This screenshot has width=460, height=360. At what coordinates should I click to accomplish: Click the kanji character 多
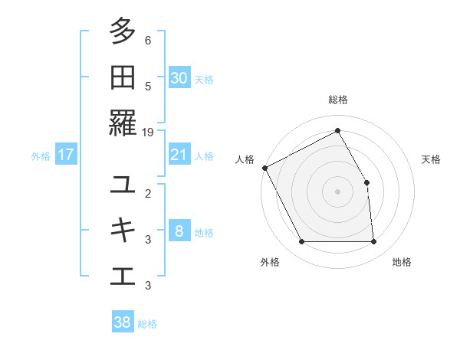click(x=123, y=31)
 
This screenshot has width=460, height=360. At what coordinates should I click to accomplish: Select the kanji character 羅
click(x=123, y=123)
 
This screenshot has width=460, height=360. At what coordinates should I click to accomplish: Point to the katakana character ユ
click(x=123, y=185)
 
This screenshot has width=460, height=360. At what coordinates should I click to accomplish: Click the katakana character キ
click(x=123, y=230)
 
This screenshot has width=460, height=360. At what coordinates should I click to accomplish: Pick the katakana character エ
click(x=123, y=276)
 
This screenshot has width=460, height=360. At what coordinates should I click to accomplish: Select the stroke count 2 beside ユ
click(x=148, y=193)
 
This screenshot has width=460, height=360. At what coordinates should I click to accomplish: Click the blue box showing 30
click(x=179, y=78)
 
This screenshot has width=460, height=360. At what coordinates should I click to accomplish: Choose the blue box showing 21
click(x=179, y=155)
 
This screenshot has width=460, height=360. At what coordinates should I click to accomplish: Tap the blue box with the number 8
click(x=179, y=231)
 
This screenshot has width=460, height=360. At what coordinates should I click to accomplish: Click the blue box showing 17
click(x=66, y=155)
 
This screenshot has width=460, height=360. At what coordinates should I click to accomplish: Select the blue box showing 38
click(x=123, y=322)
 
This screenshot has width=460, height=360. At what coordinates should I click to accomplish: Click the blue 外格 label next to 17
click(x=41, y=155)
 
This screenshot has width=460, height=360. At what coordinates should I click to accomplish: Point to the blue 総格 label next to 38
click(x=147, y=323)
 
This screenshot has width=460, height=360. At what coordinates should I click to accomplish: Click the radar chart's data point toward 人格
click(x=264, y=168)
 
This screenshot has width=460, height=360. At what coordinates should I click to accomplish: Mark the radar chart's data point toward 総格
click(x=337, y=130)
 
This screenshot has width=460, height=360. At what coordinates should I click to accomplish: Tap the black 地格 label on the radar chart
click(x=402, y=263)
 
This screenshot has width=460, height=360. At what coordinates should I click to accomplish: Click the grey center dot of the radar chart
click(x=337, y=191)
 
